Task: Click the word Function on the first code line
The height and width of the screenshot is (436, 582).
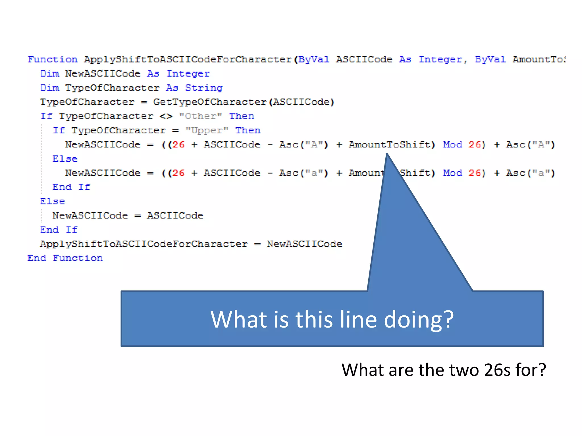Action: click(53, 60)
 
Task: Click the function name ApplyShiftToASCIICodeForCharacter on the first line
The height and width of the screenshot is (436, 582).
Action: click(188, 60)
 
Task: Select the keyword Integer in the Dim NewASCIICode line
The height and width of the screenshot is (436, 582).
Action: click(188, 74)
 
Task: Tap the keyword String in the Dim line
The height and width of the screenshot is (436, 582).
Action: click(204, 88)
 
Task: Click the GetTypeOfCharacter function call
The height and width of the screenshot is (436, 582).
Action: click(210, 102)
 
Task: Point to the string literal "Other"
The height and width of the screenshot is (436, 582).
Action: click(201, 116)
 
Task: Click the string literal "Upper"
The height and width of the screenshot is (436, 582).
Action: click(207, 131)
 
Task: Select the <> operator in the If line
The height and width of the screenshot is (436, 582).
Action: click(166, 116)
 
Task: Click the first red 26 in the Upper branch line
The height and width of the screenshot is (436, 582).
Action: click(178, 145)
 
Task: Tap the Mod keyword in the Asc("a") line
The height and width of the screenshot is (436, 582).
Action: click(453, 173)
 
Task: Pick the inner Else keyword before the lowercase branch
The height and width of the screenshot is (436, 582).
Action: click(65, 159)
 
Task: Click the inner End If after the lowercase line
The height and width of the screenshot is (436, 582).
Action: click(71, 187)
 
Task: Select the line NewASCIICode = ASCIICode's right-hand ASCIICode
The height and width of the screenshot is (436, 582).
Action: click(175, 216)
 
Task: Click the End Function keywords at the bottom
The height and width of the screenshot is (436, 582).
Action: click(65, 258)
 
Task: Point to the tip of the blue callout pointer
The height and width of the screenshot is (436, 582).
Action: click(387, 154)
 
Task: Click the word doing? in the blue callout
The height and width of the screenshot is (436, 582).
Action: click(419, 320)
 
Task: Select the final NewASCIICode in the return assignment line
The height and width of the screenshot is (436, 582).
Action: click(304, 244)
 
